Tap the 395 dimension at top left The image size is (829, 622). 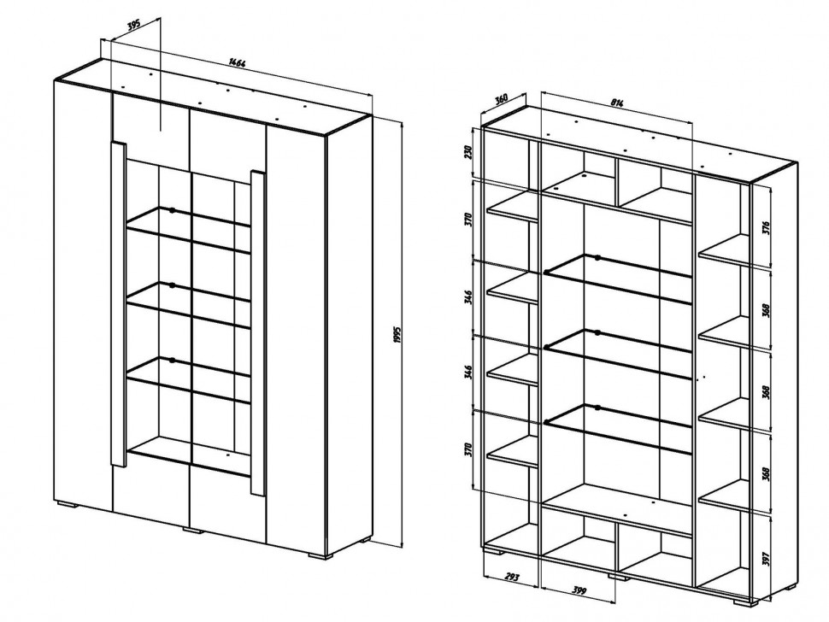pyautogui.click(x=134, y=26)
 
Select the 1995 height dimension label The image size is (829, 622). pyautogui.click(x=398, y=336)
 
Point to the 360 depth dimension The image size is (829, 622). pyautogui.click(x=501, y=99)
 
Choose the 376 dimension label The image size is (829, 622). pyautogui.click(x=767, y=227)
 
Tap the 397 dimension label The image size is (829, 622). pyautogui.click(x=767, y=559)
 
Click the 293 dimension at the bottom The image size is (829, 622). pyautogui.click(x=511, y=577)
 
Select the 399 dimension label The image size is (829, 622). pyautogui.click(x=580, y=591)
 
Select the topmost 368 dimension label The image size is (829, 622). pyautogui.click(x=767, y=309)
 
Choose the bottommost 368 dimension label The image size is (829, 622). pyautogui.click(x=767, y=473)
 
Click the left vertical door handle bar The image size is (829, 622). pyautogui.click(x=119, y=304)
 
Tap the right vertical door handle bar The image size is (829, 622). pyautogui.click(x=258, y=333)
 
